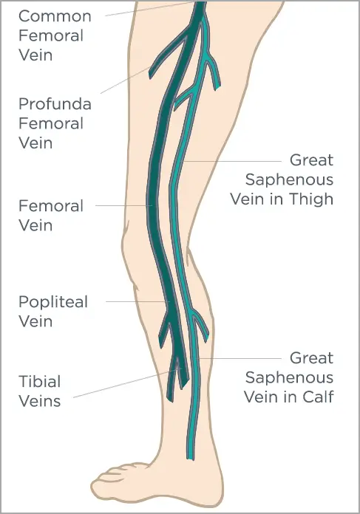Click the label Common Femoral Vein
click(55, 35)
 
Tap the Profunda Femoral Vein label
click(55, 123)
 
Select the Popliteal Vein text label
click(53, 312)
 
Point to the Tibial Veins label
click(40, 391)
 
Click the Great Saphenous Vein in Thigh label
click(282, 179)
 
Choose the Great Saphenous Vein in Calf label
click(289, 377)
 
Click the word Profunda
click(55, 104)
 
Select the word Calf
click(318, 397)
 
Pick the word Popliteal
click(53, 302)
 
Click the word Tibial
click(40, 382)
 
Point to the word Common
click(55, 16)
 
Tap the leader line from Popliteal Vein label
click(137, 301)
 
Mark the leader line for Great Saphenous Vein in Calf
click(239, 358)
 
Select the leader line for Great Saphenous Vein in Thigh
click(232, 161)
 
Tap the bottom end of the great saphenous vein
click(190, 456)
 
